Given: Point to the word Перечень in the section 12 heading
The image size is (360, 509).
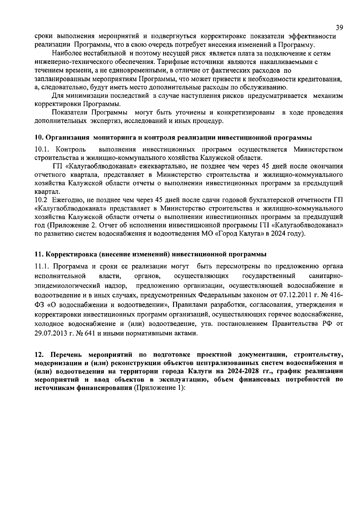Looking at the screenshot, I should click(x=64, y=354).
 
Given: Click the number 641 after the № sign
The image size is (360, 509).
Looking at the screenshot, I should click(x=90, y=334).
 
